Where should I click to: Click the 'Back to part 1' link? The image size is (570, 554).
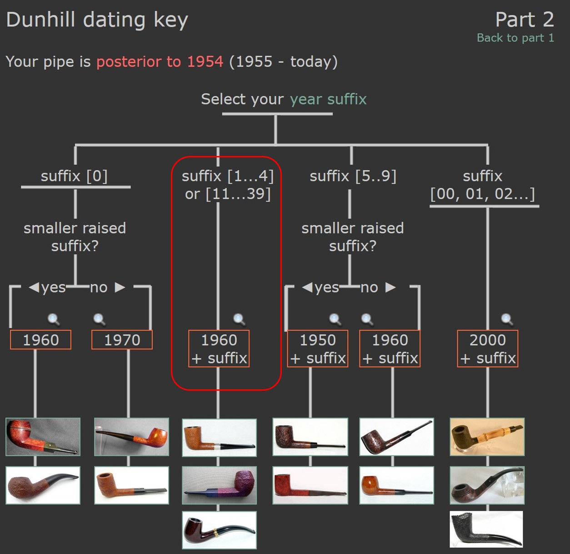[515, 38]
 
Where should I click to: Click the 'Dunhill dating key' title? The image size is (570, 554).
[97, 20]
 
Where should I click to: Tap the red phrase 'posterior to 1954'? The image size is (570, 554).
[160, 61]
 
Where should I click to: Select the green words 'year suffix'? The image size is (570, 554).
[328, 99]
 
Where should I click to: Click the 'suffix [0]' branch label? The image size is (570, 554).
[74, 176]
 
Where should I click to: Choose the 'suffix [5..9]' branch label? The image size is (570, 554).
[353, 176]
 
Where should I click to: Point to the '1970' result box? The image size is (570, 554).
[122, 340]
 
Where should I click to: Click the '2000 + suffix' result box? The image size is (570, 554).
[487, 348]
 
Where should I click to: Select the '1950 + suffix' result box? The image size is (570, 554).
[317, 348]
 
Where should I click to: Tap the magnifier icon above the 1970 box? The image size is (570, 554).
[99, 319]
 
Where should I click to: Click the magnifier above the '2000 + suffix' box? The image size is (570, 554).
[507, 319]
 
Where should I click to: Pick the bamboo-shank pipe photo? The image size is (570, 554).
[487, 437]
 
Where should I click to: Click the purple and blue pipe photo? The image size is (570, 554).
[219, 485]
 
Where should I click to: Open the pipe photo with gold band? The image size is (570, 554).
[219, 529]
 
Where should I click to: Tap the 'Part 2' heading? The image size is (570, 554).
[524, 20]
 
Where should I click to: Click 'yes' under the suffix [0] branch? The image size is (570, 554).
[53, 287]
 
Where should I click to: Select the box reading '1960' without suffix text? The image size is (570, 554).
[40, 340]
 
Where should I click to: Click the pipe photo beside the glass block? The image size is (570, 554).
[487, 485]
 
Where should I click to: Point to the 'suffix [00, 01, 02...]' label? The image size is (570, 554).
[482, 185]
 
